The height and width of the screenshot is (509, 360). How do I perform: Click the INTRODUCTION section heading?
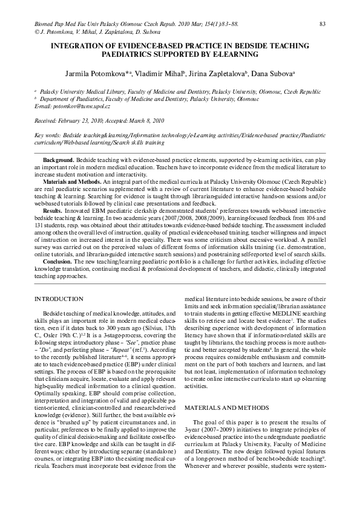59,299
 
